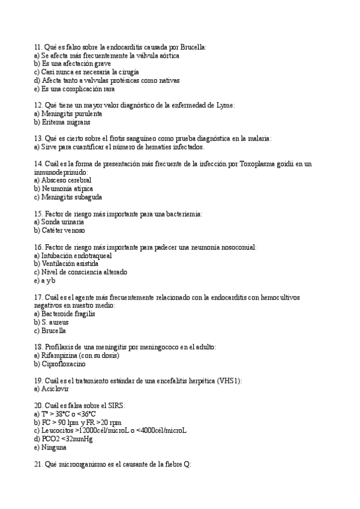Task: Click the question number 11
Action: (38, 47)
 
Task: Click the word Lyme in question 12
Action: (224, 105)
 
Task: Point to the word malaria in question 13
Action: (259, 138)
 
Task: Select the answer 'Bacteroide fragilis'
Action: (68, 314)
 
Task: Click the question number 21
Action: (38, 464)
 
